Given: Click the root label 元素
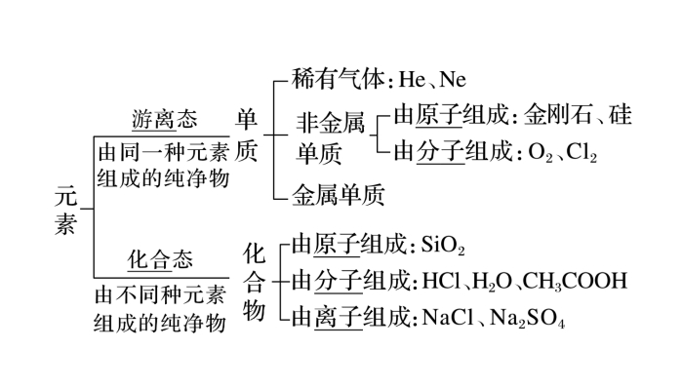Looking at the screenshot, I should pos(65,210).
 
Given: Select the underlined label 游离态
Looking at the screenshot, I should pos(164,120).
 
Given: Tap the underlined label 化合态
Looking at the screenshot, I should pos(161,260).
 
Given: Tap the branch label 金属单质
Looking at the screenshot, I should pos(339,194).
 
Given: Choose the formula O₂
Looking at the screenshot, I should pos(539,153).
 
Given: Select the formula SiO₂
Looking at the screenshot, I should pos(444,244).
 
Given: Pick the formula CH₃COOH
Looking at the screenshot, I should pos(574,281).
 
